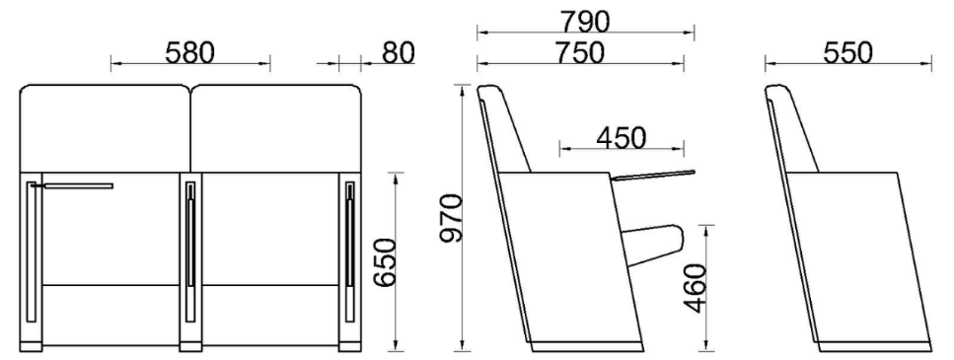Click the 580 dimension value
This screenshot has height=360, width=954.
pos(189,53)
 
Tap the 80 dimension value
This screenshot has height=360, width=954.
pos(398,53)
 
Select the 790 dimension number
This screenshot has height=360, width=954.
pos(585,23)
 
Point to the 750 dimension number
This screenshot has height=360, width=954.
pos(580,53)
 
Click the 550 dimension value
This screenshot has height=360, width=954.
pos(847,53)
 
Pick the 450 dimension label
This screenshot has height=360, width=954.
pos(622,139)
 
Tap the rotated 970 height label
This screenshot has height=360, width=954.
pos(452,218)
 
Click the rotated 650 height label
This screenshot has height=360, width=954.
pos(385,262)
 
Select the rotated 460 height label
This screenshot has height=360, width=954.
pos(696,288)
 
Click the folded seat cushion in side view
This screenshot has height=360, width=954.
pos(654,245)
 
